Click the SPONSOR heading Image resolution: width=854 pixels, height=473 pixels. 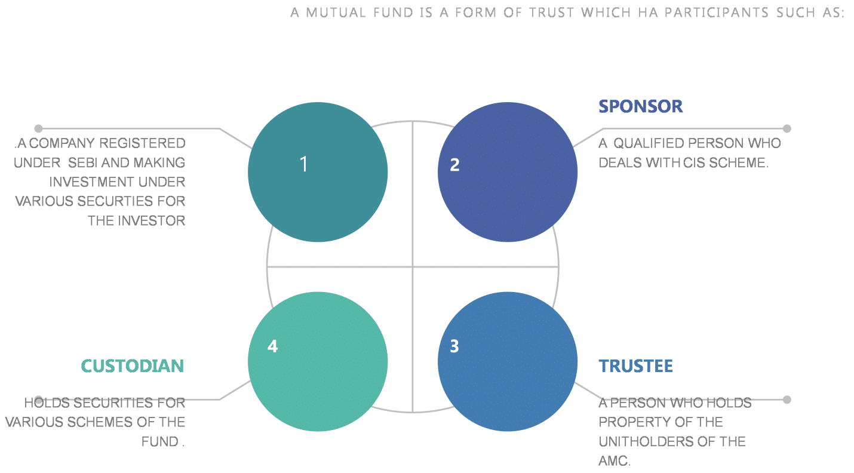[640, 106]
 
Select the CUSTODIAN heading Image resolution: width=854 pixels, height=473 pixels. [133, 365]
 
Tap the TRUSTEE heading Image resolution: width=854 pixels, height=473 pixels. [635, 365]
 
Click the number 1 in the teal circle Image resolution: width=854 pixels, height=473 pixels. [304, 164]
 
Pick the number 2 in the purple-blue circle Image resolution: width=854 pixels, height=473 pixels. [454, 165]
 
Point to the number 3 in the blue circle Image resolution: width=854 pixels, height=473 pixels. [454, 346]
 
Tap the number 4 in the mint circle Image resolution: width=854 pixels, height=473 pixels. [272, 346]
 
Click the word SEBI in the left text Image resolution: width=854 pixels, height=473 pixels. [82, 162]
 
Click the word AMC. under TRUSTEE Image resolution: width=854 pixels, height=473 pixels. [615, 461]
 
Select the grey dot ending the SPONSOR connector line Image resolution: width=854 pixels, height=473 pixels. [787, 128]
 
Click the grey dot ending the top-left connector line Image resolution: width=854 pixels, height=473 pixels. [39, 128]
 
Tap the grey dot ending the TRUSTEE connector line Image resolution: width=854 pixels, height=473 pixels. [787, 400]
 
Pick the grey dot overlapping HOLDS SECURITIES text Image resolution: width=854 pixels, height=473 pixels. [39, 400]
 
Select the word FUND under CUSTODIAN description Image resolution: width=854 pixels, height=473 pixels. [159, 442]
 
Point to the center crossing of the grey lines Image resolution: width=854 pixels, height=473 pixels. [413, 266]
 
